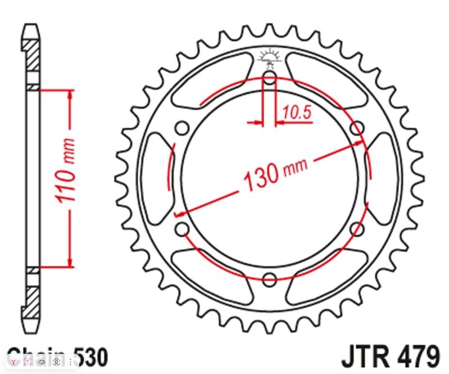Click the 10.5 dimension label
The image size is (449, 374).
297,112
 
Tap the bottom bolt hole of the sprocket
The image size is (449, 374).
269,279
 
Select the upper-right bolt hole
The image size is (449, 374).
356,128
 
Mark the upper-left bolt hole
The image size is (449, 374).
182,128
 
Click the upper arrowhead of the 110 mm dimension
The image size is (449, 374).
70,94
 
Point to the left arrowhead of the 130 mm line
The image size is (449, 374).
180,214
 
